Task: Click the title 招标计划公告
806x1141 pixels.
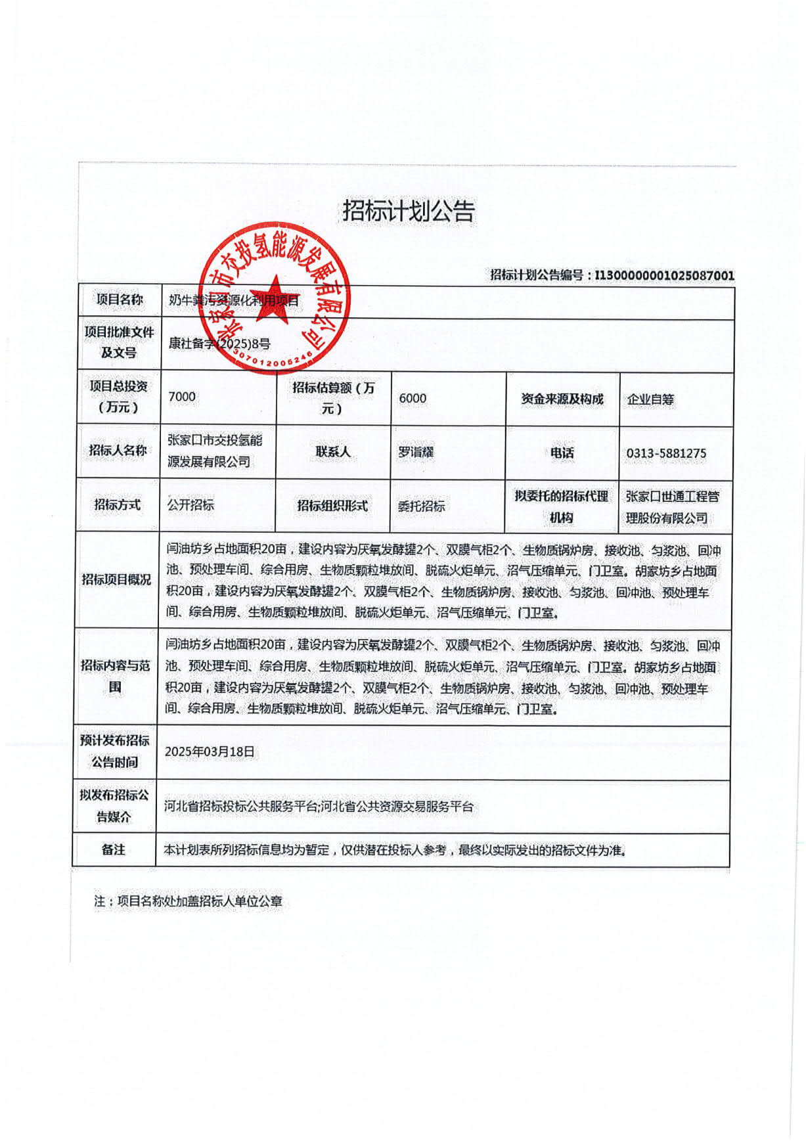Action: click(x=409, y=212)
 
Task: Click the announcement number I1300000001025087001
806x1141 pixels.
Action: click(x=664, y=275)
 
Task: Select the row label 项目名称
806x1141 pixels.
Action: click(x=120, y=300)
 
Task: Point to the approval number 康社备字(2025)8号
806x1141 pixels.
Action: click(x=219, y=343)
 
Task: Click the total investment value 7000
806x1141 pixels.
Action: click(x=182, y=396)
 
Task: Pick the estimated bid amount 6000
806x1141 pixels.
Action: click(x=413, y=398)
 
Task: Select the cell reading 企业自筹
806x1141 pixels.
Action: click(x=650, y=399)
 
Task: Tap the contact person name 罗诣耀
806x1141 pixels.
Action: click(x=416, y=452)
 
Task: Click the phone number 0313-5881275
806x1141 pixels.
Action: click(x=666, y=453)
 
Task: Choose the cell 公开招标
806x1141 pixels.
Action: click(x=190, y=504)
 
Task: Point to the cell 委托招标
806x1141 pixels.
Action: click(x=422, y=506)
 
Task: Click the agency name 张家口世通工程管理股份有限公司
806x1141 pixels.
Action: click(x=672, y=507)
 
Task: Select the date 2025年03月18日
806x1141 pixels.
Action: click(x=210, y=751)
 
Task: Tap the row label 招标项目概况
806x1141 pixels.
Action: click(x=116, y=579)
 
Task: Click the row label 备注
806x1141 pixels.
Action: click(x=114, y=849)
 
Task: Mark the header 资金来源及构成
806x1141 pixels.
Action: click(x=562, y=399)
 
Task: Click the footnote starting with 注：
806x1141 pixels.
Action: click(x=188, y=901)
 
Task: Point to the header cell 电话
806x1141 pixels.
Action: click(x=562, y=453)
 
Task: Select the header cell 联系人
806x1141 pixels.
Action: click(x=333, y=452)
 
